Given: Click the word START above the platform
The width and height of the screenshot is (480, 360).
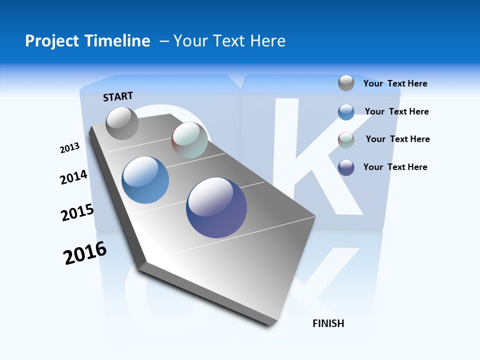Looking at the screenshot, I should pyautogui.click(x=118, y=96).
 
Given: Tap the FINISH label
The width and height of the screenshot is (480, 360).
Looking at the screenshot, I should pyautogui.click(x=328, y=323).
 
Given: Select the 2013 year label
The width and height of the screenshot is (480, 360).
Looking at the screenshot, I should pyautogui.click(x=69, y=148).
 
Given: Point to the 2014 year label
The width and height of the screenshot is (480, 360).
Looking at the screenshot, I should pyautogui.click(x=73, y=177).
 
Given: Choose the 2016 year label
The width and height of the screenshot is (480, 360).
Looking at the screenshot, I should pyautogui.click(x=85, y=253).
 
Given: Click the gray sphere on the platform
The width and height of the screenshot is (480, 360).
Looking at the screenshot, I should pyautogui.click(x=122, y=123).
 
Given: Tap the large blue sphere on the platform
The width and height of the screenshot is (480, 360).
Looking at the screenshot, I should pyautogui.click(x=145, y=180).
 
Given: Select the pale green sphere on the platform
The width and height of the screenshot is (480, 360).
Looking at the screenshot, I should pyautogui.click(x=189, y=140).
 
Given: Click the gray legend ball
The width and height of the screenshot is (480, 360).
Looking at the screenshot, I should pyautogui.click(x=346, y=83).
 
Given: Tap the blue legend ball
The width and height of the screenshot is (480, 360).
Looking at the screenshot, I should pyautogui.click(x=346, y=111).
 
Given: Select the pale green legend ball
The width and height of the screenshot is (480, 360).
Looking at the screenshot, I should pyautogui.click(x=346, y=139).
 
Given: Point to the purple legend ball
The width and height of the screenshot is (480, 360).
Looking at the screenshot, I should pyautogui.click(x=346, y=167).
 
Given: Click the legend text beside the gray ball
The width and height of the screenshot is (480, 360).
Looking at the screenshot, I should pyautogui.click(x=395, y=83).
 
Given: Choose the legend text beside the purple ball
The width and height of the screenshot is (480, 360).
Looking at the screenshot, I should pyautogui.click(x=395, y=167).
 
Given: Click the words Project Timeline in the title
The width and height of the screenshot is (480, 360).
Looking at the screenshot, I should pyautogui.click(x=87, y=41).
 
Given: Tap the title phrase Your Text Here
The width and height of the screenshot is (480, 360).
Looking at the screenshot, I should pyautogui.click(x=229, y=41).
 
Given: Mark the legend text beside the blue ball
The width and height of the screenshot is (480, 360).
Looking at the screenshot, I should pyautogui.click(x=396, y=111).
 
